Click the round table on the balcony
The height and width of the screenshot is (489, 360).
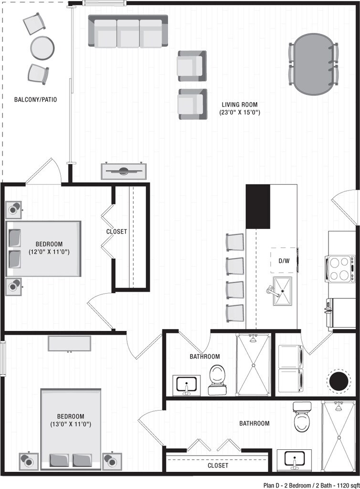tap(42, 48)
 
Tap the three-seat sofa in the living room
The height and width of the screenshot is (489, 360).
tap(128, 32)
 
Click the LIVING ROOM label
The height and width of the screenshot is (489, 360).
tap(240, 105)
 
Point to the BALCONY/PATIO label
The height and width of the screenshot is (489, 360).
tap(35, 100)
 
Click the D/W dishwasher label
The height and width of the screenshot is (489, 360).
tap(284, 261)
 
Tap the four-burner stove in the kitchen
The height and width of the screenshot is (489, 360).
tap(340, 269)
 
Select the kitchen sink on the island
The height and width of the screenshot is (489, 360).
tap(282, 290)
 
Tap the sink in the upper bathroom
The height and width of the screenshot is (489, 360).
tap(186, 385)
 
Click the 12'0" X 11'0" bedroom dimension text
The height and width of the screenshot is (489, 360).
tap(49, 251)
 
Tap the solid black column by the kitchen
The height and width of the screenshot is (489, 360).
tap(258, 206)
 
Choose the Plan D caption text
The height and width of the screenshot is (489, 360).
tap(310, 484)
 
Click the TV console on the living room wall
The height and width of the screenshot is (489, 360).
tap(124, 171)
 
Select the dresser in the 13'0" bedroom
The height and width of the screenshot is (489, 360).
tap(69, 343)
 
